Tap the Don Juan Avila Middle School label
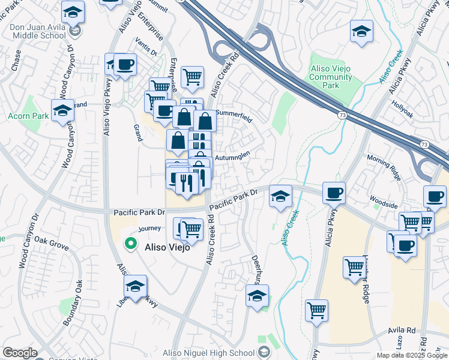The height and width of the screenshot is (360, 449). click(37, 31)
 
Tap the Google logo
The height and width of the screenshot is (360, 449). click(20, 353)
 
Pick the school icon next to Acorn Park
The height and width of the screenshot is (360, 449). click(62, 111)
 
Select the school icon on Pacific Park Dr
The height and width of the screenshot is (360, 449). click(280, 196)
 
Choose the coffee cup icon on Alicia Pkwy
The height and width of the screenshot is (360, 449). click(334, 193)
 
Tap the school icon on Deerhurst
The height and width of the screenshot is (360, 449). click(257, 296)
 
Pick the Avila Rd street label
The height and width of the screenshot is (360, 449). click(402, 331)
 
